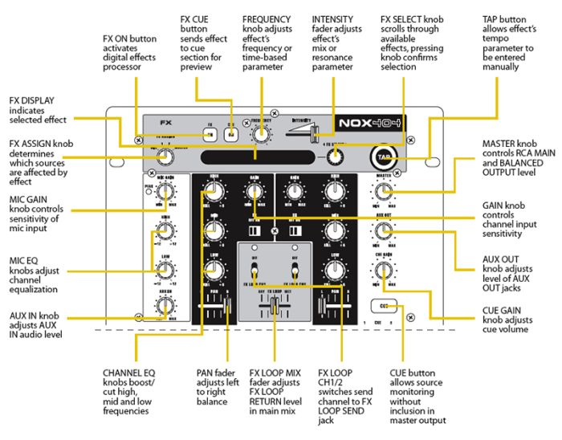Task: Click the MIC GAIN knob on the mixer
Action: pyautogui.click(x=165, y=191)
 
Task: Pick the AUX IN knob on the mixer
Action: pyautogui.click(x=165, y=304)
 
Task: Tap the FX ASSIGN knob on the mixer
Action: pyautogui.click(x=165, y=157)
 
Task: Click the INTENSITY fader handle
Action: pyautogui.click(x=316, y=131)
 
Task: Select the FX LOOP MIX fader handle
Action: pyautogui.click(x=275, y=306)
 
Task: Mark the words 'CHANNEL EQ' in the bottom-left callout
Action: pyautogui.click(x=129, y=373)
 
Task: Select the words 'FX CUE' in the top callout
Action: pyautogui.click(x=195, y=18)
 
